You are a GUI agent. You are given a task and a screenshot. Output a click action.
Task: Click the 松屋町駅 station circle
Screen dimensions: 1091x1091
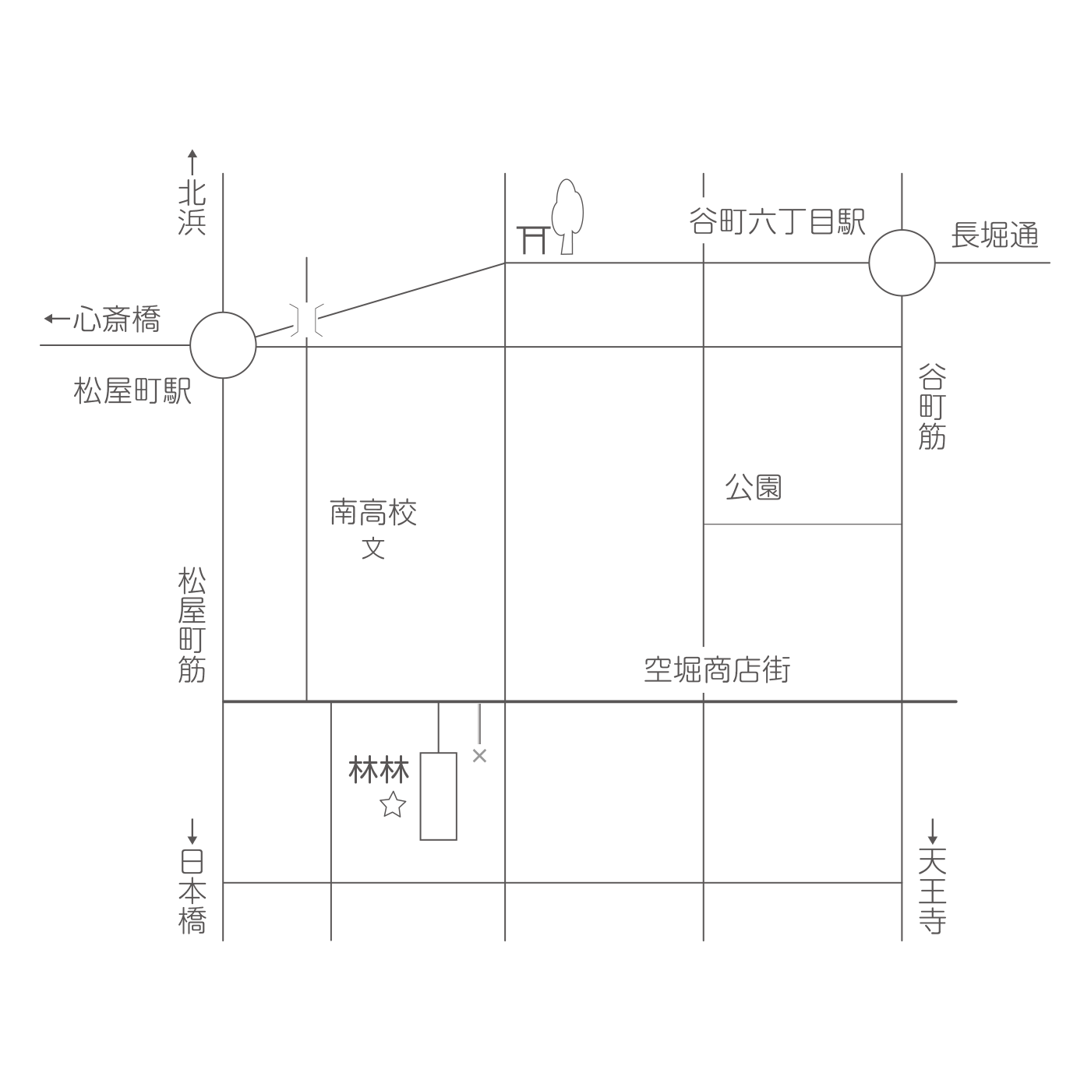[223, 344]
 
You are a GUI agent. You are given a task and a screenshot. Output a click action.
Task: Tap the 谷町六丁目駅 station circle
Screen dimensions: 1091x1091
[902, 263]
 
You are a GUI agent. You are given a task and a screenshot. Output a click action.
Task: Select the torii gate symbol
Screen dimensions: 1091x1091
[533, 240]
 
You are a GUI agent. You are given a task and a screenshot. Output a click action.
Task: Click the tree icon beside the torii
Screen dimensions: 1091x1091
[567, 217]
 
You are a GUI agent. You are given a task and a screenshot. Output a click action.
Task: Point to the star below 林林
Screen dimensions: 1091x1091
[393, 804]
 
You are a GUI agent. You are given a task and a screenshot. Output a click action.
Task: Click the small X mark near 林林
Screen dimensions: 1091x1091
[479, 755]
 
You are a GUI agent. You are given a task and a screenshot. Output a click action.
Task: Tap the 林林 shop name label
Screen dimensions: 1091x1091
[379, 769]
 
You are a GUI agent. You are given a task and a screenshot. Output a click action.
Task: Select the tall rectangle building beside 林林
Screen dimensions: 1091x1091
[438, 796]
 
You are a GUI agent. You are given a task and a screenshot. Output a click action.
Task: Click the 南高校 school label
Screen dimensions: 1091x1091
[373, 512]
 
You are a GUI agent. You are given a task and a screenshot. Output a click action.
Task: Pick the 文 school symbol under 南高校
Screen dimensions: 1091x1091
[373, 548]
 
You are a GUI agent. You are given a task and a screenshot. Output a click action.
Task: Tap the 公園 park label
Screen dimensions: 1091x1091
[753, 487]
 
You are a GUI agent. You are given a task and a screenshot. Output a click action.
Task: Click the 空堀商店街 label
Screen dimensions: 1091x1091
[717, 669]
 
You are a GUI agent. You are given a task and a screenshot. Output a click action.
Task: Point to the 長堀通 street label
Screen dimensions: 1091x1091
[994, 235]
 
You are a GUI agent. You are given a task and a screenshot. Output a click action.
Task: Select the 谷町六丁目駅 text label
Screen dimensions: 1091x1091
[777, 221]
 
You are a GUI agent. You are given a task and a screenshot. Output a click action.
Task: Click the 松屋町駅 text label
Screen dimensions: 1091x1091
[132, 390]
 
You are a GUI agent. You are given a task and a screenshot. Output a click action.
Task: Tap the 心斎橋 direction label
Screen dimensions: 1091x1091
[102, 319]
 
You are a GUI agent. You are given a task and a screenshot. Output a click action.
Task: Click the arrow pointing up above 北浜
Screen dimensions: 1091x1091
[192, 162]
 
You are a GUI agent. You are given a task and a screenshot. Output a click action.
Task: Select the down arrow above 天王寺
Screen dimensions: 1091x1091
[933, 831]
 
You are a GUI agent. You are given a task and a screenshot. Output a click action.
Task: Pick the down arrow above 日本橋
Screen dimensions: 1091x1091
[192, 831]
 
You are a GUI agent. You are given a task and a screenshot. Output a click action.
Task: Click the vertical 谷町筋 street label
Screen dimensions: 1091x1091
[932, 407]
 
